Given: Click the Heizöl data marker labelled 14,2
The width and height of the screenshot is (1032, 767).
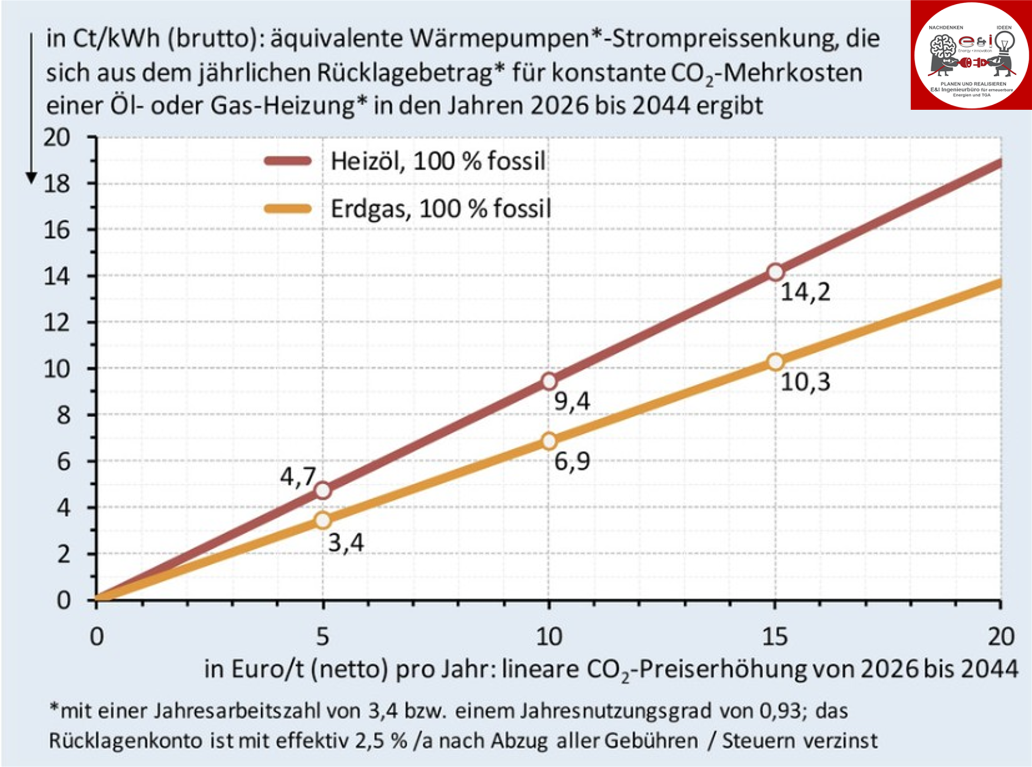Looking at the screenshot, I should [775, 272].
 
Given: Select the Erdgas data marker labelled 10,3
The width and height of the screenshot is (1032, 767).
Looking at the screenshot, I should [775, 362].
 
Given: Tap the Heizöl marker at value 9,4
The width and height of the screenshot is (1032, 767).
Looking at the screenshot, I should [549, 381].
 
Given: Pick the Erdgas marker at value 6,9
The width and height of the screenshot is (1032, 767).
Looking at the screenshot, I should [549, 441].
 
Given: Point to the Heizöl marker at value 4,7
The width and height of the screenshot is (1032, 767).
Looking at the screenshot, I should [322, 490].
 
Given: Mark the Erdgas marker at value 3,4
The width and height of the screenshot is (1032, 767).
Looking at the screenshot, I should [322, 520].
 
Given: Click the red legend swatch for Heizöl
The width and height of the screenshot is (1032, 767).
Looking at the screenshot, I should [288, 161].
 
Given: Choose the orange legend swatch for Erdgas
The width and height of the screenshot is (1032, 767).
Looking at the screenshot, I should [288, 209].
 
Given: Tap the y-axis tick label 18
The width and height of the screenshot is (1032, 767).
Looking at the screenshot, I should [57, 184].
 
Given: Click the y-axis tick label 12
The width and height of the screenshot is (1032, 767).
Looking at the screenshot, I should [57, 322].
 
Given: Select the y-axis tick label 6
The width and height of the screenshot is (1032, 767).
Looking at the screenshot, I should [63, 461].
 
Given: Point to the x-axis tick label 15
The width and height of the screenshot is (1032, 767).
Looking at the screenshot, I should [775, 636].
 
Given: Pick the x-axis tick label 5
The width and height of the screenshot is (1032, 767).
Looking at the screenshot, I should [322, 636].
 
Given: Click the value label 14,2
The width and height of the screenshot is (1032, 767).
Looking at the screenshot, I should [805, 292].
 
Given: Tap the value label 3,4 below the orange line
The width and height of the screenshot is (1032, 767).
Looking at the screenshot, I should [346, 542].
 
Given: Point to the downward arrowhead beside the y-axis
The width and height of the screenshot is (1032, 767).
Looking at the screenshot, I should [32, 178].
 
